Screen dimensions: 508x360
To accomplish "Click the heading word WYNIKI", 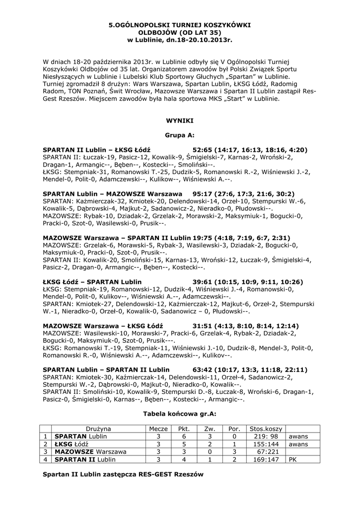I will pos(180,120).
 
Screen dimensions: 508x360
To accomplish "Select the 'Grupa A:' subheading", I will pos(180,134).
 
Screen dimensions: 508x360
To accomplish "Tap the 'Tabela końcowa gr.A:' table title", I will pos(180,413).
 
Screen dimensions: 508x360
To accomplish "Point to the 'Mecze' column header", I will pos(158,429).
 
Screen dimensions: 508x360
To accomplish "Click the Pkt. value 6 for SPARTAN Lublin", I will pos(184,436).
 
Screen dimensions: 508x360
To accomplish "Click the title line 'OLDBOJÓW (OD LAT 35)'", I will pos(180,32).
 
